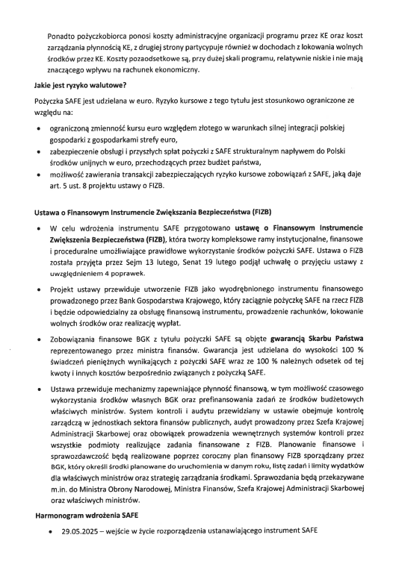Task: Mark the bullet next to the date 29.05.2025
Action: click(x=49, y=551)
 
